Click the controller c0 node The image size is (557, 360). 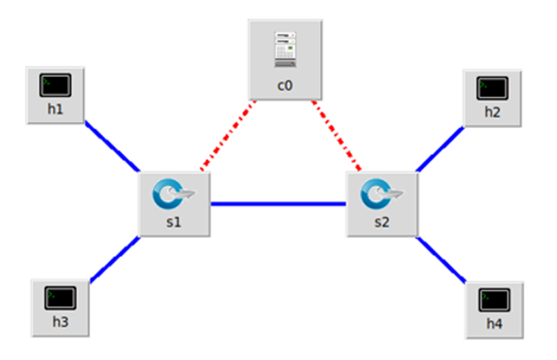point(285,59)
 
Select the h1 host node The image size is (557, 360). point(55,95)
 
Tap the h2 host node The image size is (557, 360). point(492,97)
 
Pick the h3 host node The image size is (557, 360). point(60,307)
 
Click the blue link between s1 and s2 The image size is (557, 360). point(278,203)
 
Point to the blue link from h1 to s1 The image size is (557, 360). point(112,147)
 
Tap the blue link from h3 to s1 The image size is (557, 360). point(115,259)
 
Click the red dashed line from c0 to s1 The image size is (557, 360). point(228,136)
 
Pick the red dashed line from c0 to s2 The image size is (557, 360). point(337,136)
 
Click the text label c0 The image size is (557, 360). point(285,86)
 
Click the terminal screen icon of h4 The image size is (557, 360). point(494,299)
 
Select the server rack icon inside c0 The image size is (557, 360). point(285,50)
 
